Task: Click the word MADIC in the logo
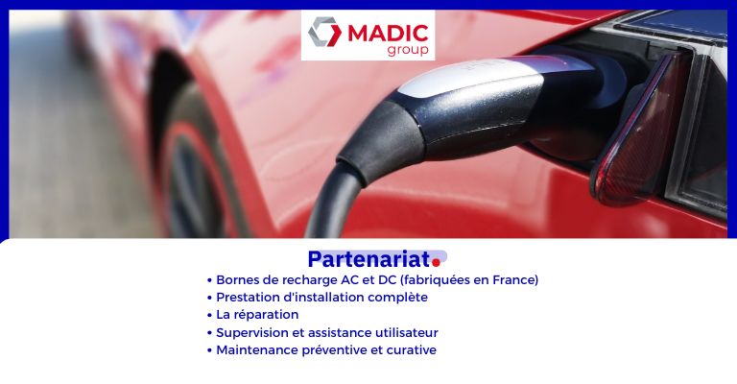pos(388,34)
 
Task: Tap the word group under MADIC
pos(408,50)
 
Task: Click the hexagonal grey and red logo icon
pos(324,32)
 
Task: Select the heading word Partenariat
pos(368,258)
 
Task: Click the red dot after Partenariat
pos(437,262)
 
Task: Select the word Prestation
pos(247,298)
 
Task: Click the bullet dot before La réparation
pos(209,316)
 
